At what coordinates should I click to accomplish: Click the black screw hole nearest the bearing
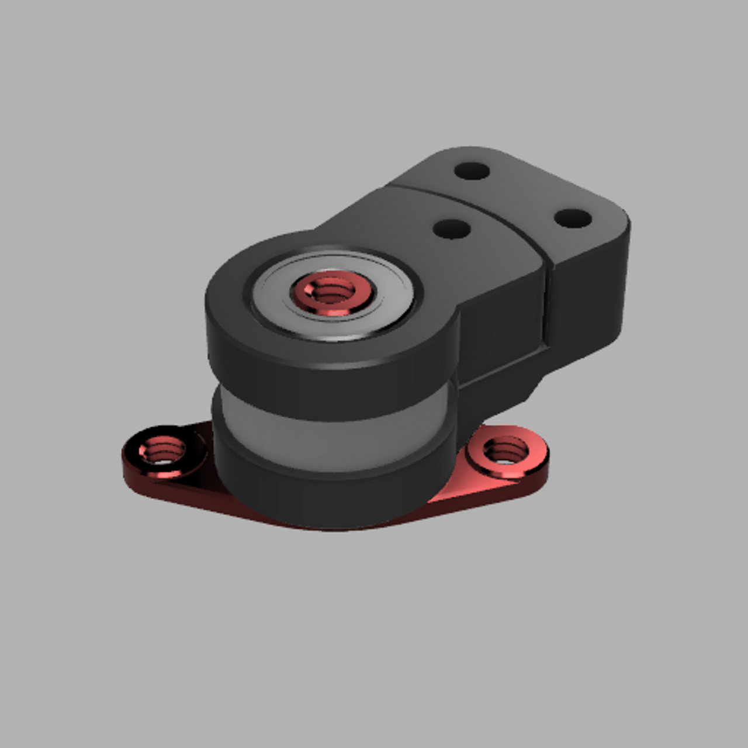coord(452,228)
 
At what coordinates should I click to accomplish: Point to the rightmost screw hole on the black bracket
coord(573,218)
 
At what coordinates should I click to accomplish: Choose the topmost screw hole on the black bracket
coord(472,171)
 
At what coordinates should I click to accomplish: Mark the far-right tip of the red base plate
coord(547,462)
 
